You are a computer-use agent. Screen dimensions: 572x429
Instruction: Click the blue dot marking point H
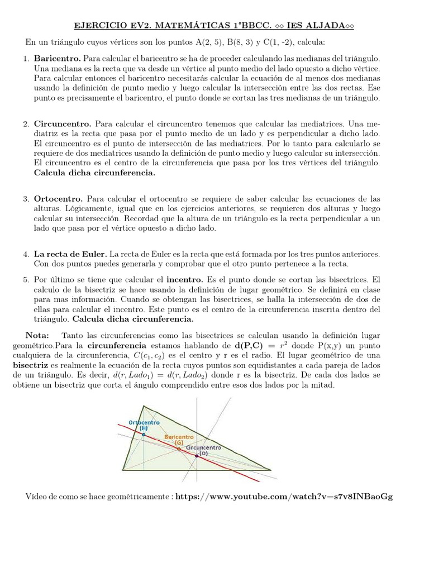[144, 434]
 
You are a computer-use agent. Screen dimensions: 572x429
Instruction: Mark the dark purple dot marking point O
[197, 455]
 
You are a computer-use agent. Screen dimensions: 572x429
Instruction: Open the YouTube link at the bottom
[284, 497]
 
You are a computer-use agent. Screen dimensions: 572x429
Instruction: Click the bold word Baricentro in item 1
[58, 58]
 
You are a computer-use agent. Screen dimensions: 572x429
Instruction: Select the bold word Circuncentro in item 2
[63, 123]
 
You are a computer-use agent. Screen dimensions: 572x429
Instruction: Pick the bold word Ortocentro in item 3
[59, 198]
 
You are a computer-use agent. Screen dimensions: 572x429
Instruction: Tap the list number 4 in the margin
[26, 254]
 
